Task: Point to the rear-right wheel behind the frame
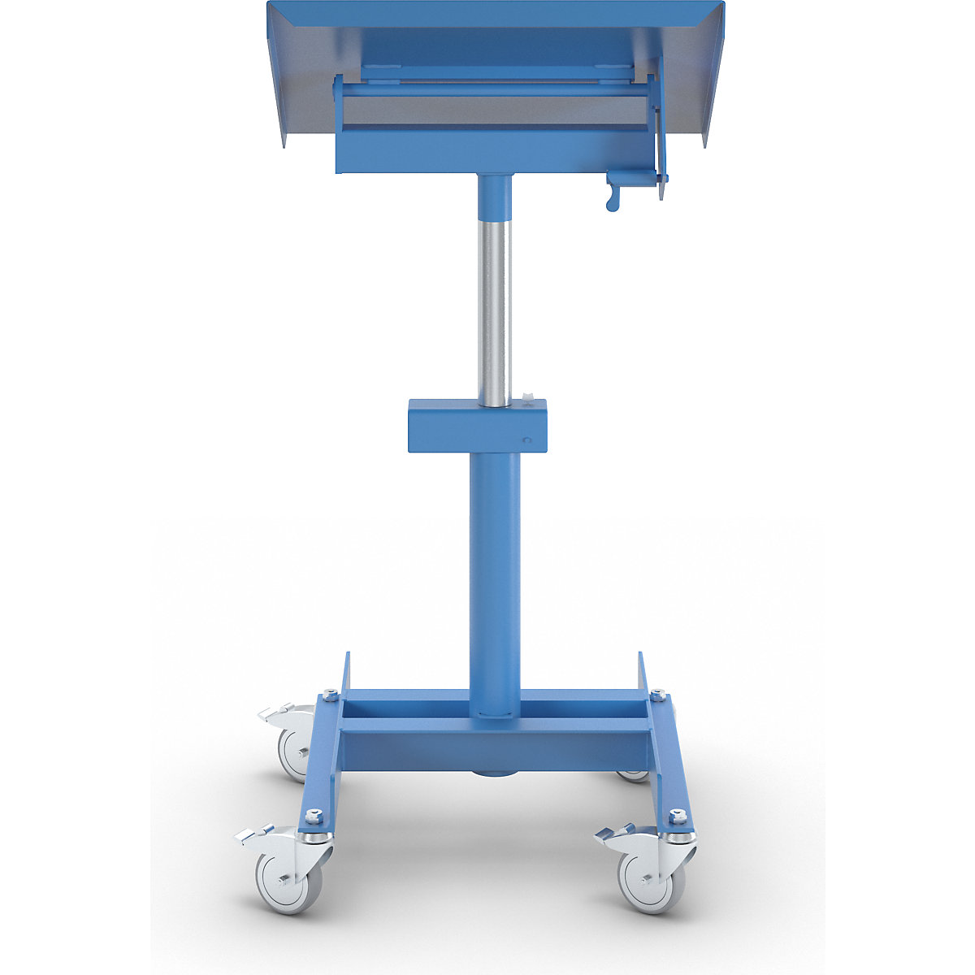click(632, 776)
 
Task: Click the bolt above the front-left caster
click(314, 815)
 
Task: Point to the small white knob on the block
click(527, 397)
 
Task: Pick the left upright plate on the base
click(345, 674)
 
